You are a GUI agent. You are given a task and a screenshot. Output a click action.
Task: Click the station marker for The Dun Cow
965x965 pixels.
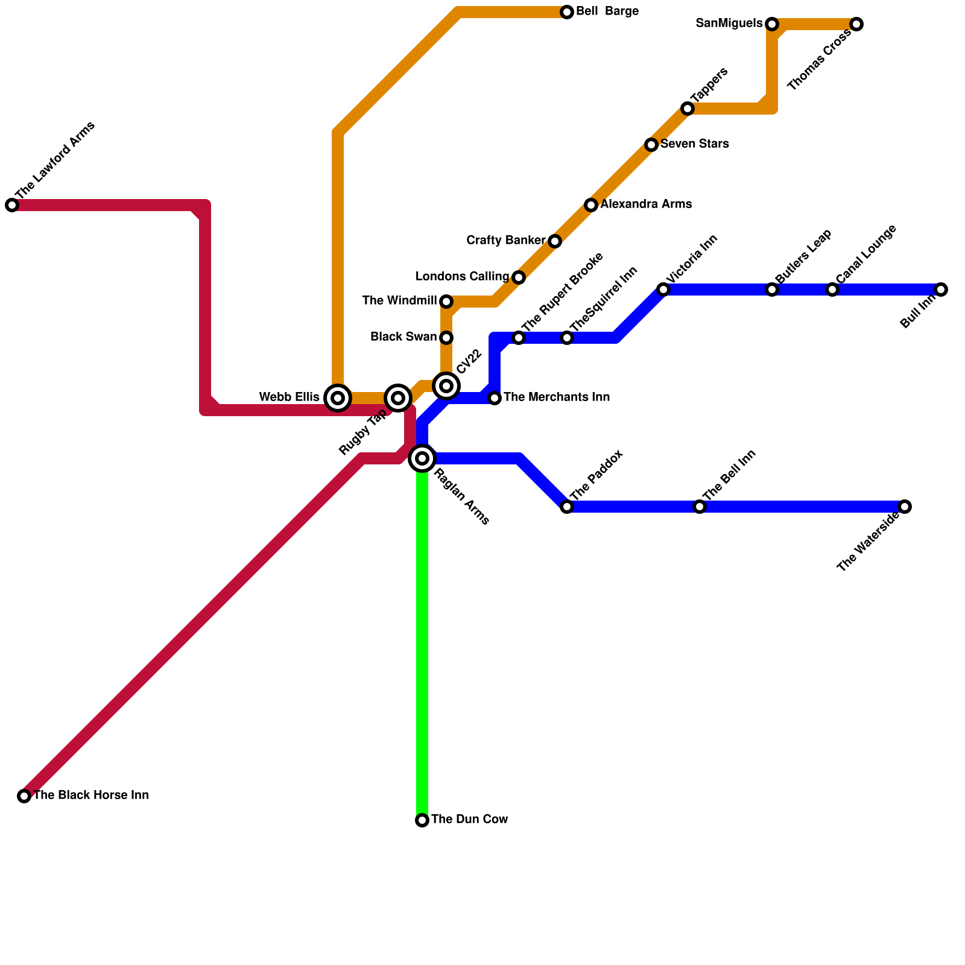click(x=422, y=820)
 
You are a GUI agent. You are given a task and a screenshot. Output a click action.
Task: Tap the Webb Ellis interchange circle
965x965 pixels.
click(x=338, y=398)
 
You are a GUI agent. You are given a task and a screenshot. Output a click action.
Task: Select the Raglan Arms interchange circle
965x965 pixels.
click(x=422, y=458)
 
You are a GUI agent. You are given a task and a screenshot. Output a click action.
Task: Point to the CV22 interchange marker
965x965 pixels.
click(x=446, y=386)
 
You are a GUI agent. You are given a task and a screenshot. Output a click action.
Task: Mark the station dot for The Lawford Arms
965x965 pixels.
click(x=12, y=205)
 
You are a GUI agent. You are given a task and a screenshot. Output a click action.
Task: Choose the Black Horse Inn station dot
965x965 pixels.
click(x=24, y=796)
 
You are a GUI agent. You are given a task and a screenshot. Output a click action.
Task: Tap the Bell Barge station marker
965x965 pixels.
click(x=567, y=12)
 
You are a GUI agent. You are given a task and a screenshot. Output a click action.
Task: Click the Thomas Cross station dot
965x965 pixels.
click(x=856, y=24)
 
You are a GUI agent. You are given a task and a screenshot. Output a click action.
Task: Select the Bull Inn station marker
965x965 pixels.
click(x=941, y=289)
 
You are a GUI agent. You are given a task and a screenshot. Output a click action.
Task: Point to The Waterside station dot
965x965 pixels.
click(x=905, y=507)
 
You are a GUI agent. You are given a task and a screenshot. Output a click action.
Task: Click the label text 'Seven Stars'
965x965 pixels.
click(x=694, y=144)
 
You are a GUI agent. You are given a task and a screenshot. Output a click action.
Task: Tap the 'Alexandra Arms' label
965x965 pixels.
click(x=645, y=204)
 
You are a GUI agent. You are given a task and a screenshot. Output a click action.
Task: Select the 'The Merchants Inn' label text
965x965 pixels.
click(x=556, y=397)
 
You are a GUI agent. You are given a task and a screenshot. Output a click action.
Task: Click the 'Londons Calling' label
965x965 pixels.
click(x=462, y=277)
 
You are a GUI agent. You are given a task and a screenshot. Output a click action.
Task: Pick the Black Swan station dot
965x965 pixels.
click(x=446, y=338)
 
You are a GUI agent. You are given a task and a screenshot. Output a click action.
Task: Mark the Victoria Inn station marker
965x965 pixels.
click(x=663, y=289)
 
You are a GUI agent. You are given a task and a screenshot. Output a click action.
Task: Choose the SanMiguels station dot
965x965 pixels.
click(x=772, y=24)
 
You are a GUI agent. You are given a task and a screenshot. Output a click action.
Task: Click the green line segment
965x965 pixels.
click(x=422, y=639)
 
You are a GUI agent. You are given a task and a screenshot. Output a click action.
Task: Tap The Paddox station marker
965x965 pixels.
click(x=567, y=507)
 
